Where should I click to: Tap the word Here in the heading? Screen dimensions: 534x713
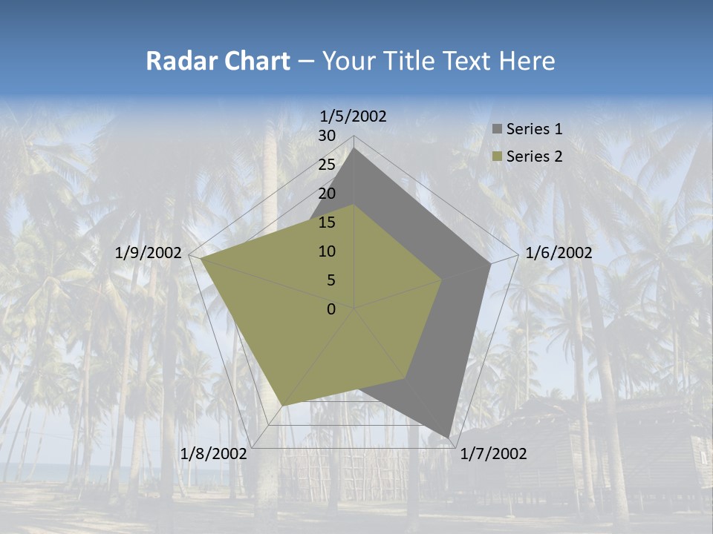(x=527, y=61)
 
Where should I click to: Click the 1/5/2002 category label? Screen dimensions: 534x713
(x=354, y=116)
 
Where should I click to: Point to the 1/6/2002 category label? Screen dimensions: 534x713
(x=559, y=253)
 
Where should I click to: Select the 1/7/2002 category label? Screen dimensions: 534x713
(x=493, y=453)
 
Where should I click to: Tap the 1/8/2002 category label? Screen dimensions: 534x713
(x=214, y=453)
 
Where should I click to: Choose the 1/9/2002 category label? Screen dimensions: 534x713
(x=149, y=253)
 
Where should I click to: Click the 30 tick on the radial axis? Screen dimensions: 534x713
(x=327, y=136)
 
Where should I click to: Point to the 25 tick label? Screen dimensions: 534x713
(x=327, y=165)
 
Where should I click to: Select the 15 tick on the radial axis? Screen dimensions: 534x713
(x=327, y=222)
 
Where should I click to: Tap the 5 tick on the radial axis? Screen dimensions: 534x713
(x=331, y=280)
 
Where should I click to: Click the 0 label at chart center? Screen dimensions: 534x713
(x=331, y=309)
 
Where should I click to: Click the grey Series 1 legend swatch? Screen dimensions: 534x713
(x=497, y=129)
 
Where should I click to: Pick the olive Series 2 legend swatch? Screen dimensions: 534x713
(x=497, y=156)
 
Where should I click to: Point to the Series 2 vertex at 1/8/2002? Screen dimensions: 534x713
(x=282, y=405)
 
